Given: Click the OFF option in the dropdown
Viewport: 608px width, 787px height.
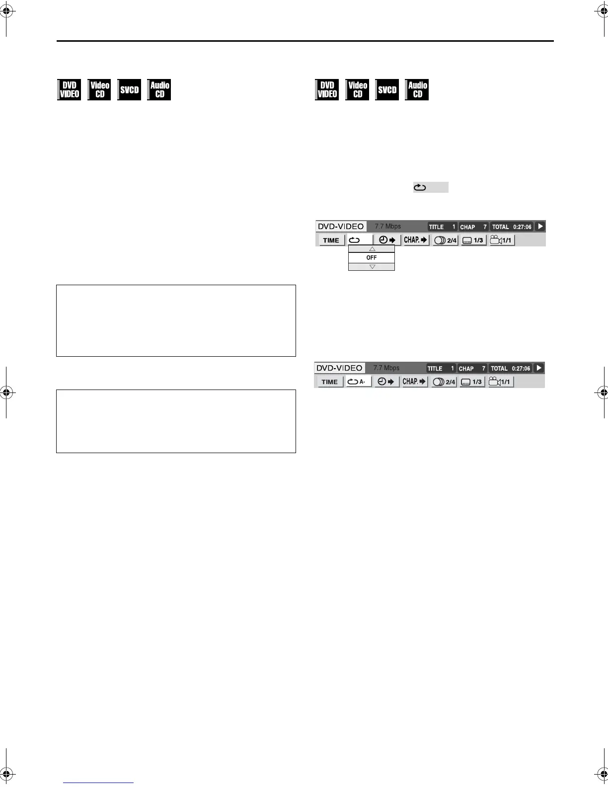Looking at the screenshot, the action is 372,258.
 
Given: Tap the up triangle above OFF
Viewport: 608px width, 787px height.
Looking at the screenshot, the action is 372,249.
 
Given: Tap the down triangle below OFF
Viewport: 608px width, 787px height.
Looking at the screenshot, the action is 372,267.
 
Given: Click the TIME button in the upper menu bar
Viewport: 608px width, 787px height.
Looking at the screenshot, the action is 331,240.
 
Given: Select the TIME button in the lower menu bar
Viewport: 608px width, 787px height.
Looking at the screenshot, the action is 329,382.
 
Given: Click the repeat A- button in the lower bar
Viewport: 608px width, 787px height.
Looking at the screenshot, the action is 358,382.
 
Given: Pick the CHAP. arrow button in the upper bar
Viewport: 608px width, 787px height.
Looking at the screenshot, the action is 416,240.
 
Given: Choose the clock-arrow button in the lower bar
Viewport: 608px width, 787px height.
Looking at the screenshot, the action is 386,382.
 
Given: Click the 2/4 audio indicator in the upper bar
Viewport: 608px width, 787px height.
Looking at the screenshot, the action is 445,240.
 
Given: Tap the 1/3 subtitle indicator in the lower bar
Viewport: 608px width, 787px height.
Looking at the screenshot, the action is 472,382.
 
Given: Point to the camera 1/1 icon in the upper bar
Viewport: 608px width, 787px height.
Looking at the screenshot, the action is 501,240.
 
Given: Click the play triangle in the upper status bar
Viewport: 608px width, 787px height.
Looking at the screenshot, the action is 540,227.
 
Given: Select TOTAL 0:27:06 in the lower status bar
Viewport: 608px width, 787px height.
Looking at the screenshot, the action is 510,369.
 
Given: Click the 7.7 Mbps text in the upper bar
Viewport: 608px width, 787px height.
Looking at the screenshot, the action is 387,227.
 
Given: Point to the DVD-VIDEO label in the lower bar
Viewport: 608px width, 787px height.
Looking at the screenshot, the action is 339,368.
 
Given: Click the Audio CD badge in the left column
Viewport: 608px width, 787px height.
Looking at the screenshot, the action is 159,90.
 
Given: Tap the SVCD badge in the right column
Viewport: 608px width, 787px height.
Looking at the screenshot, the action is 387,90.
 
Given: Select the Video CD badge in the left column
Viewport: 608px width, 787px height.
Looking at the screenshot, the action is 99,90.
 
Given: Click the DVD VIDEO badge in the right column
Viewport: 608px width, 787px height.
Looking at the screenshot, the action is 327,90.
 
